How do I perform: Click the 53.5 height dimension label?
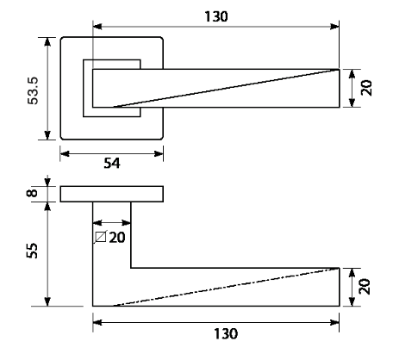point(33,90)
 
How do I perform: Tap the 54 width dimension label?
point(112,164)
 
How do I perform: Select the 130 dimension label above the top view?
point(216,16)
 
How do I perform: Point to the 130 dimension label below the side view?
point(226,334)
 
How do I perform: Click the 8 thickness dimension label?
point(32,193)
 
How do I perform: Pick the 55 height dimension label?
point(32,251)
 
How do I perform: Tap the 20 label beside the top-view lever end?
point(366,88)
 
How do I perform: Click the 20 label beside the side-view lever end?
point(365,287)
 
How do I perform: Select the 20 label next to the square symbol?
point(117,238)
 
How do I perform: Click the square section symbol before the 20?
point(101,237)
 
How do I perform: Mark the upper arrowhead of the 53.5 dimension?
point(47,41)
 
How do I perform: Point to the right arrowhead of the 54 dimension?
point(159,154)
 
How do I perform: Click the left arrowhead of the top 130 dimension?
point(97,27)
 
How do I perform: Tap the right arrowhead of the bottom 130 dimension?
point(334,323)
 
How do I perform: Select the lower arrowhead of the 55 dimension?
point(47,301)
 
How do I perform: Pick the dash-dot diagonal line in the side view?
point(226,287)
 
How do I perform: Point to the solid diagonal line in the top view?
point(226,89)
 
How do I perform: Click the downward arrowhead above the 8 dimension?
point(47,182)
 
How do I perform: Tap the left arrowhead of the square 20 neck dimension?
point(97,223)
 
